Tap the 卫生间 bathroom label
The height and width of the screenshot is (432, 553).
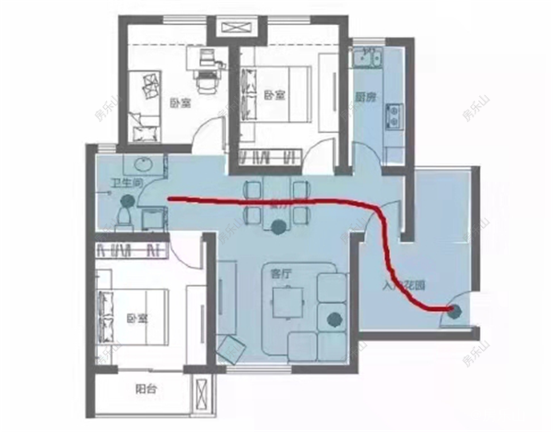pyautogui.click(x=126, y=183)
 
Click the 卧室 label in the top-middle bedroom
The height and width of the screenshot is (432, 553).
pyautogui.click(x=271, y=95)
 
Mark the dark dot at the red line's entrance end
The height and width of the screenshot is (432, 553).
pyautogui.click(x=452, y=311)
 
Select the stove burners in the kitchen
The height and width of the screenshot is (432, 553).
pyautogui.click(x=394, y=114)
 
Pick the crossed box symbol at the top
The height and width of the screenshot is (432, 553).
pyautogui.click(x=229, y=25)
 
